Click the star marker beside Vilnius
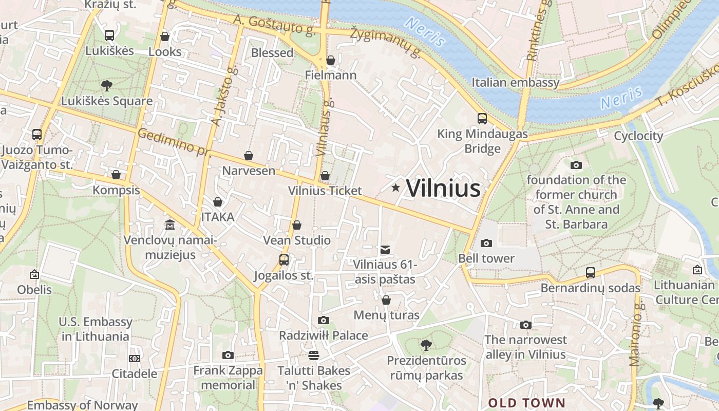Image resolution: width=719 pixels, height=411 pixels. pos(395,188)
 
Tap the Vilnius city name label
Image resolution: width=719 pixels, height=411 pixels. pos(443,189)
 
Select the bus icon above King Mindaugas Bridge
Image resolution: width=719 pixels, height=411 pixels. pos(482,119)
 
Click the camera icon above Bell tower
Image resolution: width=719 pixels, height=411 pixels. pos(486,243)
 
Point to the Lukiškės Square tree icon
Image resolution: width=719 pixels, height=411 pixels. pos(107,85)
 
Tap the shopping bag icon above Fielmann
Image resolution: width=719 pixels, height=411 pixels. pos(331,60)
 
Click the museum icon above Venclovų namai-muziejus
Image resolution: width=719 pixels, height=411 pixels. pos(170,225)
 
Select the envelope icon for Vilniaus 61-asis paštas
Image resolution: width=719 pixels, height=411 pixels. pos(385,250)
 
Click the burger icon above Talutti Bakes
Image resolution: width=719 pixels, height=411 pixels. pos(313,355)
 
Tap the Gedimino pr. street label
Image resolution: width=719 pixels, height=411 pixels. pos(174,142)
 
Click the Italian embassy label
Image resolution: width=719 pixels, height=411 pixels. pos(515,82)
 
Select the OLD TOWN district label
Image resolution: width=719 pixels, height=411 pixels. pos(526,403)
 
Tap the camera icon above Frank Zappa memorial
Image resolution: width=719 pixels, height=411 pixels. pos(228,355)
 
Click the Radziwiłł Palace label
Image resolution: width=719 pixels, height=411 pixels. pos(323,335)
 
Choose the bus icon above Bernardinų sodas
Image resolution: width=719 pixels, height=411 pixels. pos(591,273)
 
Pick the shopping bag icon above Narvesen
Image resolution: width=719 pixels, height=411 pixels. pos(249,156)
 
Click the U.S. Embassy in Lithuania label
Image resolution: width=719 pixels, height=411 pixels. pos(96,329)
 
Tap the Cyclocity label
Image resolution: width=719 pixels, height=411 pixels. pos(638,136)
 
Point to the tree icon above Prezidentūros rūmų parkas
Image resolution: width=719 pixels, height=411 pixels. pos(426,345)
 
